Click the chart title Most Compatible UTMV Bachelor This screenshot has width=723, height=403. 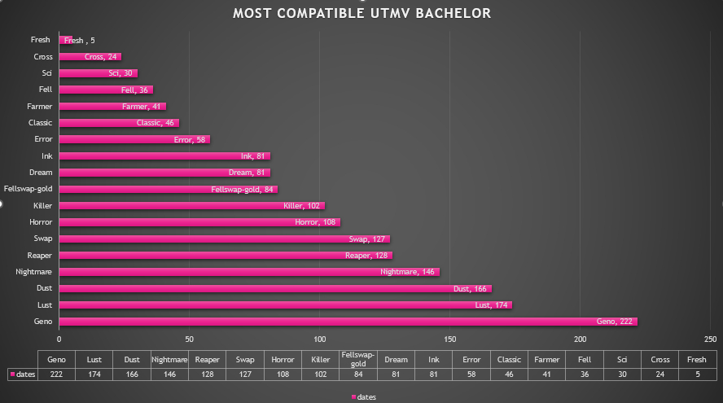point(361,14)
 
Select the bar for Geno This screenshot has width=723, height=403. point(348,322)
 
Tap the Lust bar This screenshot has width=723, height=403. point(285,304)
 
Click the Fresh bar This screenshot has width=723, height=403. point(66,40)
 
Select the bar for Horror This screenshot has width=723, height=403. point(199,221)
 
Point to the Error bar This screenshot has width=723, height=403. point(134,139)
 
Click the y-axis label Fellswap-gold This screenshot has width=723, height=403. point(28,189)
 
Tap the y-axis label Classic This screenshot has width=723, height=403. point(39,123)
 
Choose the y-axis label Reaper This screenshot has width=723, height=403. point(39,255)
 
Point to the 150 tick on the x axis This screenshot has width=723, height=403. point(449,339)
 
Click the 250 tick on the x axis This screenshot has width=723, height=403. point(710,339)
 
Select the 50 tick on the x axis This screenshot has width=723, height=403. point(189,339)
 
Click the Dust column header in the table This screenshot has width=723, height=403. point(132,358)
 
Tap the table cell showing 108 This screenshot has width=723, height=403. point(283,374)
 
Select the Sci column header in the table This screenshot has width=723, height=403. point(622,358)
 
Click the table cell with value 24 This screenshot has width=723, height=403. point(659,374)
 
